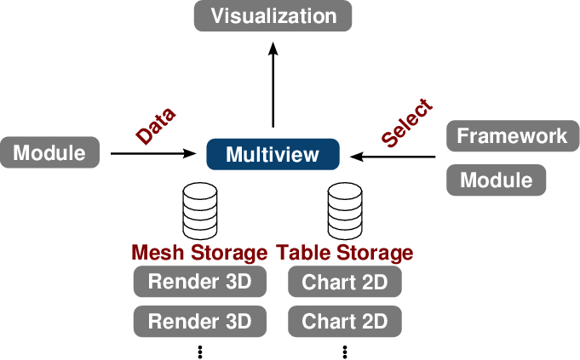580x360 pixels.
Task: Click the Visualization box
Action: click(x=273, y=16)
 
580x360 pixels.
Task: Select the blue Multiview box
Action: click(x=273, y=155)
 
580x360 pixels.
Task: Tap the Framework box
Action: click(x=512, y=136)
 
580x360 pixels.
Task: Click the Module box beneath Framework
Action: click(x=497, y=180)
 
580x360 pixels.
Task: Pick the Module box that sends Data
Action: click(x=49, y=153)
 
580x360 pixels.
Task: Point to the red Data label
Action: click(x=156, y=125)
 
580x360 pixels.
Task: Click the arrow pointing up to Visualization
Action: click(x=273, y=85)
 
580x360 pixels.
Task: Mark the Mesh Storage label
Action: click(x=199, y=253)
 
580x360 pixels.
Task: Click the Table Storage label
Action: click(x=345, y=253)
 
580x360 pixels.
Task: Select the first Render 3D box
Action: click(x=200, y=282)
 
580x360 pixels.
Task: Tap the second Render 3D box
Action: click(x=200, y=322)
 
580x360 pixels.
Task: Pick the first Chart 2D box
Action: click(x=345, y=282)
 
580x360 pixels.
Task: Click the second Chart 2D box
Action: click(x=345, y=322)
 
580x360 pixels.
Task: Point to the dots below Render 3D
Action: click(x=200, y=351)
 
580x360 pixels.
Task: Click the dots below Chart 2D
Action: click(x=345, y=351)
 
